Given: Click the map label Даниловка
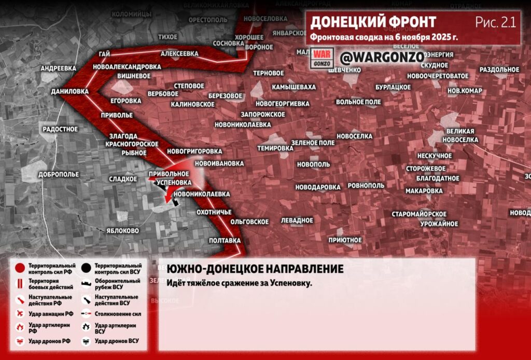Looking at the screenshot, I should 70,91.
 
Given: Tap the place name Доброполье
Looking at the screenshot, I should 58,175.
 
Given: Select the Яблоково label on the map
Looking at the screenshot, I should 122,231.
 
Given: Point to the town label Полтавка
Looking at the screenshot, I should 225,241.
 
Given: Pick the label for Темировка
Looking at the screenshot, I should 275,148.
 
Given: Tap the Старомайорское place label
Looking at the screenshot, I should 419,214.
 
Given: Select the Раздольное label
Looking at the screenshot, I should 499,70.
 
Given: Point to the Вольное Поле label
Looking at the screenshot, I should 358,102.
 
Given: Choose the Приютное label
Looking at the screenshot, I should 345,240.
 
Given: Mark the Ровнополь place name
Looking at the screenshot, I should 366,185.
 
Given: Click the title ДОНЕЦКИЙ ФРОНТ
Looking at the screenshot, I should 373,22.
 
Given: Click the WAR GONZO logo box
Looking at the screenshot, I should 322,58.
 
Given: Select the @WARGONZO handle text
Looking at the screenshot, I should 382,57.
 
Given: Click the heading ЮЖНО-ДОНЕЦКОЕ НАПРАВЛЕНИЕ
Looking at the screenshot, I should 255,269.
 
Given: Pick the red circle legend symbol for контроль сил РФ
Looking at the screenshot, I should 20,268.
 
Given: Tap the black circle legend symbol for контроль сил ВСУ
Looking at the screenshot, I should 86,268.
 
